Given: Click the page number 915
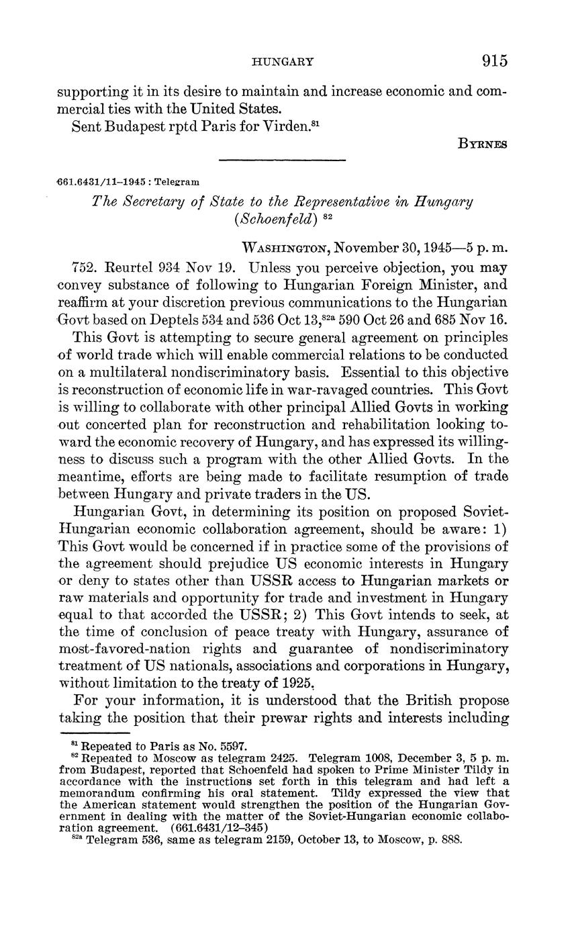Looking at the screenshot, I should pyautogui.click(x=494, y=61).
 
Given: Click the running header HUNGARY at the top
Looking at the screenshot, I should pyautogui.click(x=283, y=62).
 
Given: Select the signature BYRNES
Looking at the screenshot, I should pyautogui.click(x=483, y=143).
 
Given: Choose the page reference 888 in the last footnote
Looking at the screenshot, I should pyautogui.click(x=452, y=840).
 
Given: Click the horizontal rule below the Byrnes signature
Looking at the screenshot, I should pyautogui.click(x=282, y=160).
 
